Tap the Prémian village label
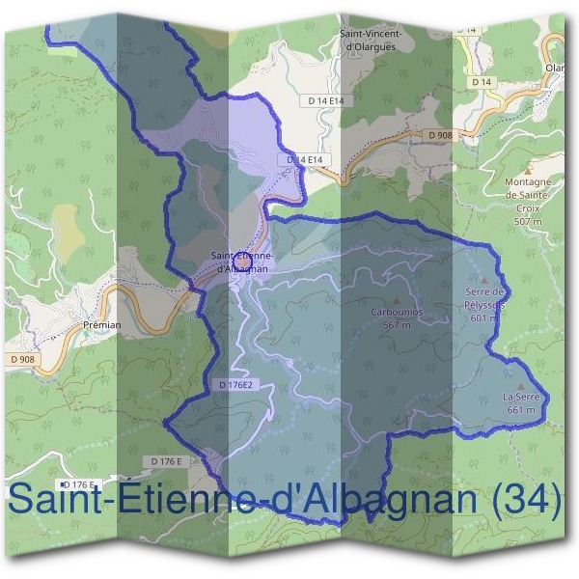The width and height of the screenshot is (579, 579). (101, 325)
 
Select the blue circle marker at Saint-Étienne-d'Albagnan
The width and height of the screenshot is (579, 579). (242, 261)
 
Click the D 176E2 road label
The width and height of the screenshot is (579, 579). (234, 385)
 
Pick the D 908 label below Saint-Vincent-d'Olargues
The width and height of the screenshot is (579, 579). (438, 134)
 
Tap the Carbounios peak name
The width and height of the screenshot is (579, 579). (397, 313)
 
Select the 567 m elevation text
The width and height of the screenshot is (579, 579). (397, 324)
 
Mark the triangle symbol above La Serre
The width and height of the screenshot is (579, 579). (521, 385)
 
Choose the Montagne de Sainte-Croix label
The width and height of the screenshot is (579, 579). (527, 193)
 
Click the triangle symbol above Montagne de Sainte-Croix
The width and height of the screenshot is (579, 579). (528, 169)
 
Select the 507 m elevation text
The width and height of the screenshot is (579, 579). (528, 221)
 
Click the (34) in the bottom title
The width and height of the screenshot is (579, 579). (525, 500)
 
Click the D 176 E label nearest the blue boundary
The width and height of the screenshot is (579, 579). (167, 461)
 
